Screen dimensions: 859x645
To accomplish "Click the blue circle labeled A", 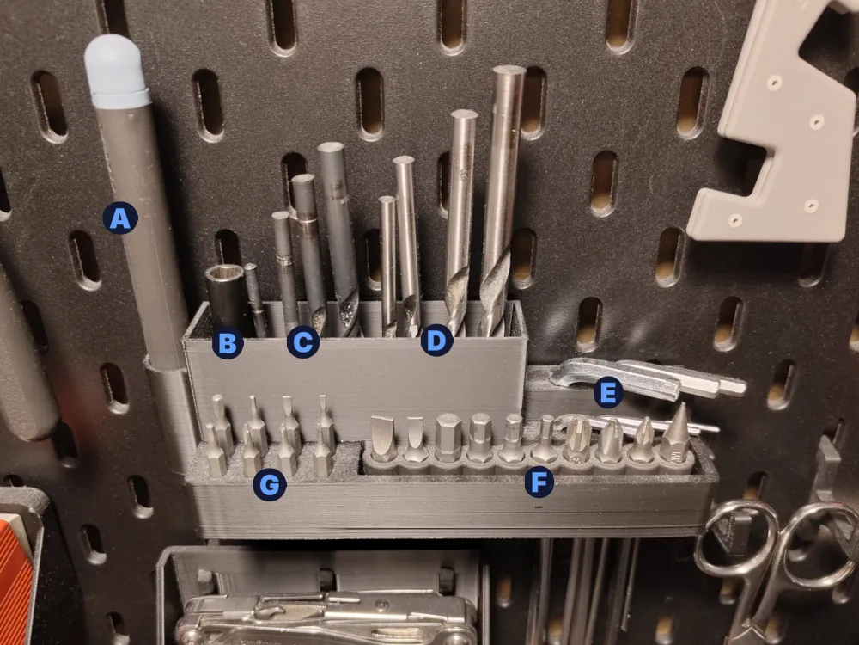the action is point(120,218).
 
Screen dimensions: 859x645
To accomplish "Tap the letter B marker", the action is point(228,343).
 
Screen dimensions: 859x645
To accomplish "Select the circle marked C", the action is point(303,342).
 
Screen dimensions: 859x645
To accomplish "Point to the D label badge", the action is point(436,340).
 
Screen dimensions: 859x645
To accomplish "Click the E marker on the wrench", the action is point(607,393).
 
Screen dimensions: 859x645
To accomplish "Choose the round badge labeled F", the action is point(539,482).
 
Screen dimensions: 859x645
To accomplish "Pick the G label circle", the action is point(270,484).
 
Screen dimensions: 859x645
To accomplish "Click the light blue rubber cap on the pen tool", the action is point(116,71).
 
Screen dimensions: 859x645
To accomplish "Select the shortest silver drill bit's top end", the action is point(387,200).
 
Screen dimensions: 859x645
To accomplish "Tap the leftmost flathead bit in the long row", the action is point(383,439).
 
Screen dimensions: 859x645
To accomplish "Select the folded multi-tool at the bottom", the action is point(326,617).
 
